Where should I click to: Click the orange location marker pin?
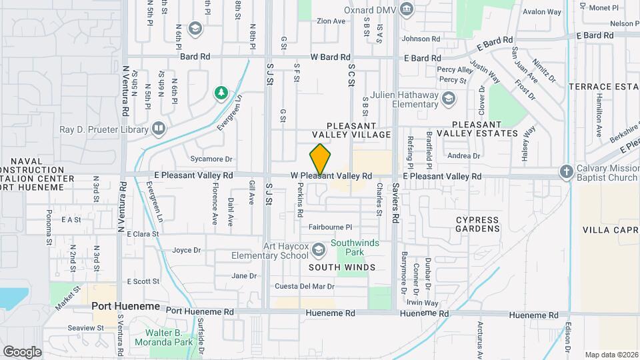[x=321, y=159]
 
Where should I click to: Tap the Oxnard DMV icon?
[x=407, y=10]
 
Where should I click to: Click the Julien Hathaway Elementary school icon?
[x=449, y=99]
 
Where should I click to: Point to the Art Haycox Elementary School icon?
[x=319, y=249]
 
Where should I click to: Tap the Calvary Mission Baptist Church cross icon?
[x=566, y=171]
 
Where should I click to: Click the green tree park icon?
[x=221, y=93]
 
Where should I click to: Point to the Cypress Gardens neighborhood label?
[x=477, y=224]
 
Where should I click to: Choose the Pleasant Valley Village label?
[x=358, y=130]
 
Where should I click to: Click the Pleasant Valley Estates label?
[x=485, y=129]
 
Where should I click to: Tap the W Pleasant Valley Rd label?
[x=331, y=176]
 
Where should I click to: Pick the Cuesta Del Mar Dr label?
[x=305, y=287]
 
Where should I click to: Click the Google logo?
[x=22, y=351]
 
